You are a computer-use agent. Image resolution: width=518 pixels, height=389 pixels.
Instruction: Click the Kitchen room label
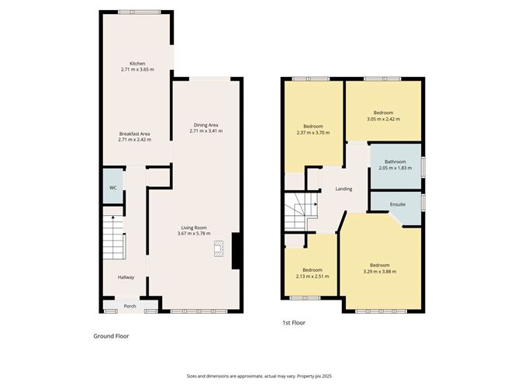click(x=137, y=64)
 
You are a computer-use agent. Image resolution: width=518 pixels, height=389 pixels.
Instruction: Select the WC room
click(x=112, y=188)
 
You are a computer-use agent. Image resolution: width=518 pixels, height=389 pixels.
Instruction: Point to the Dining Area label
click(x=205, y=125)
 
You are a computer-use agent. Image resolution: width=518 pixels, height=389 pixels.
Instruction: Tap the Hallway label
click(x=126, y=277)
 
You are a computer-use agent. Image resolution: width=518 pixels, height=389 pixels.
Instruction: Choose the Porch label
click(x=130, y=306)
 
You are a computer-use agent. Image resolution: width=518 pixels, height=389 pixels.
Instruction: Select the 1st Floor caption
click(x=295, y=321)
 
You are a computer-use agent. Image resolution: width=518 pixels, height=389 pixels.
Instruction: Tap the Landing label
click(x=344, y=189)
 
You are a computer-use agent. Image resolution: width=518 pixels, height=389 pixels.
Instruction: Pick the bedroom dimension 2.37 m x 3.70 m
click(x=313, y=133)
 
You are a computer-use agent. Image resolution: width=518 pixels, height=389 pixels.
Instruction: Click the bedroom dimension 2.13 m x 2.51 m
click(x=313, y=276)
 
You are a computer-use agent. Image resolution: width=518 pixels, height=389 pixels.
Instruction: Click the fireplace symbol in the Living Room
click(x=219, y=248)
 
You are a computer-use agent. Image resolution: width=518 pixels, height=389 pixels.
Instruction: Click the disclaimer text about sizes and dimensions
click(x=258, y=375)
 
